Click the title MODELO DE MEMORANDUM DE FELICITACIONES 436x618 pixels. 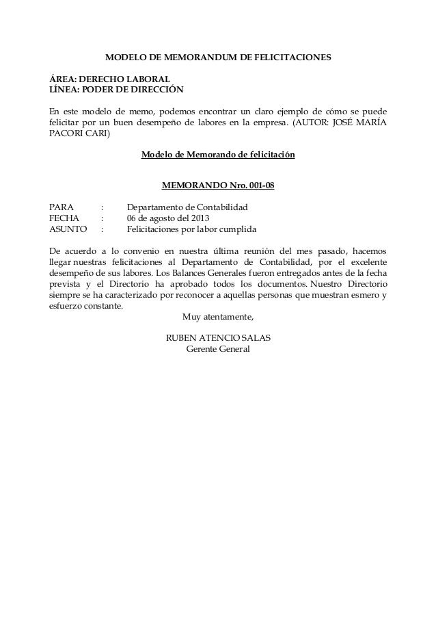pos(217,60)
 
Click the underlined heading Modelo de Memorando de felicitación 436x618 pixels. pos(217,155)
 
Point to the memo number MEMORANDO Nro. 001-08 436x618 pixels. pos(217,185)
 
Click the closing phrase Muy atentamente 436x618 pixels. pos(218,317)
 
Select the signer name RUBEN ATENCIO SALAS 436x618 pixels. pos(218,339)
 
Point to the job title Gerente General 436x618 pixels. pos(218,350)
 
